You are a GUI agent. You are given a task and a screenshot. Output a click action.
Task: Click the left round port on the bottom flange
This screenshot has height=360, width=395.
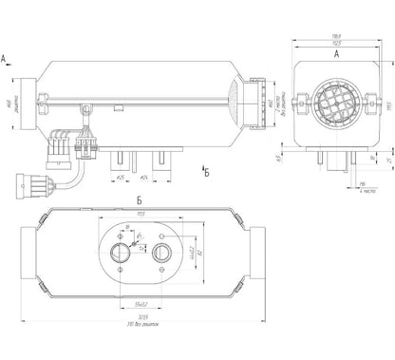122,254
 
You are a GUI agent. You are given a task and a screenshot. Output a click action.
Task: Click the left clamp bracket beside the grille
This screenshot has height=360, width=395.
303,101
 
